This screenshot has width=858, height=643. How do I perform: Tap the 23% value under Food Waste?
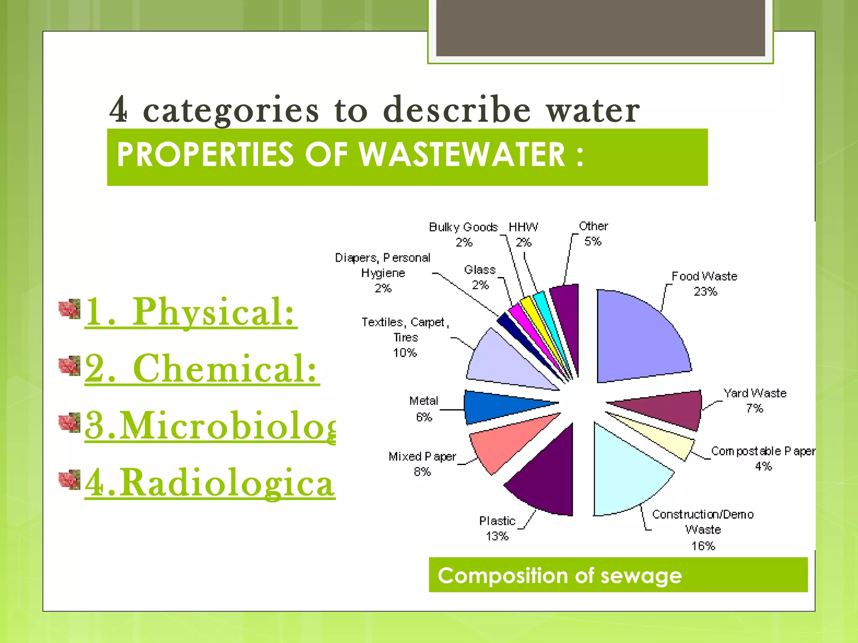click(x=705, y=292)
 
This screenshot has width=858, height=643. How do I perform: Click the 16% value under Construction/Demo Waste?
click(x=703, y=546)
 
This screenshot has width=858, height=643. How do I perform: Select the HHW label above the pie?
click(x=523, y=227)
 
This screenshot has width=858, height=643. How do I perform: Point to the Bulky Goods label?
click(x=463, y=227)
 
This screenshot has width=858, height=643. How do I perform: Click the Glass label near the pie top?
click(x=480, y=270)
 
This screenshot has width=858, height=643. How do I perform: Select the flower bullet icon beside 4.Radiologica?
click(x=70, y=479)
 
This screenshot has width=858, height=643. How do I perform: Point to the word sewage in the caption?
click(x=641, y=576)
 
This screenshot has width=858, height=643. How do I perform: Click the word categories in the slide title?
click(x=231, y=110)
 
